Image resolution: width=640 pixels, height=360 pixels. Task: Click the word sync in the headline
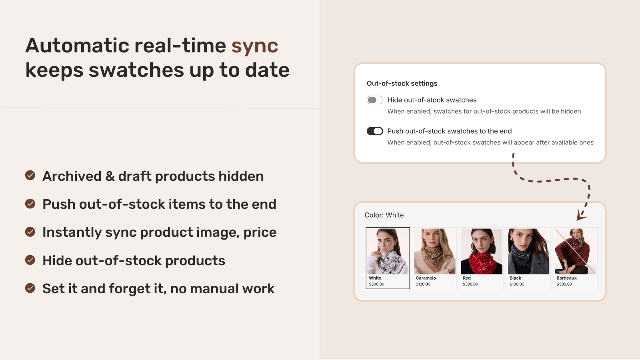254,46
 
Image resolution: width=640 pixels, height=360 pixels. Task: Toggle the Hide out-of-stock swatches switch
375,100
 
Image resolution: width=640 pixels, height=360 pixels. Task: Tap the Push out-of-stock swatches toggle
375,131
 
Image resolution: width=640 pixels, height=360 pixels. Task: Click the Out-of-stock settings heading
402,83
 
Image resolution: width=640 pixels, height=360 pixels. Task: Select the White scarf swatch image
388,251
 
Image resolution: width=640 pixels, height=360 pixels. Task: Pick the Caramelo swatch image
434,251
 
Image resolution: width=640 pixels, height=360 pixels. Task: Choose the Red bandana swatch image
482,251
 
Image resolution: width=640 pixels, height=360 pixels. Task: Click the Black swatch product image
528,251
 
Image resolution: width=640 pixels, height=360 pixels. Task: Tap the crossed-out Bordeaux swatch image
575,251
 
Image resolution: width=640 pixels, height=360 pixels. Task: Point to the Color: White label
384,215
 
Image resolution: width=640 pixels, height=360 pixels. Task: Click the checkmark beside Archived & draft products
30,175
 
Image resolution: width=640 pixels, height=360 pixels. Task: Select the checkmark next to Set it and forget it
30,288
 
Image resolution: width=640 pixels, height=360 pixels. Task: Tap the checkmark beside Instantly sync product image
30,232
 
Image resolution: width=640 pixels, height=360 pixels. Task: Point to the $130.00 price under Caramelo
423,284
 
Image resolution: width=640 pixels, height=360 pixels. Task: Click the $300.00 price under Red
470,284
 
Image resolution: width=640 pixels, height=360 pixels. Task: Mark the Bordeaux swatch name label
566,278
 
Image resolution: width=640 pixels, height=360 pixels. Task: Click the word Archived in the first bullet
72,176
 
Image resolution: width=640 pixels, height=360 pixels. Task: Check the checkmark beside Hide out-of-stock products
30,260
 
